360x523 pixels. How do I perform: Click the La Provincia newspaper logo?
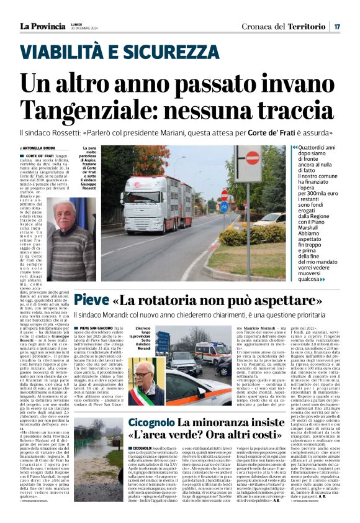tap(42, 26)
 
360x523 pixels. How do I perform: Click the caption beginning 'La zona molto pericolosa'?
tap(88, 170)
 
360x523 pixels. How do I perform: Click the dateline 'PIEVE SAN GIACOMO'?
tap(96, 327)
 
